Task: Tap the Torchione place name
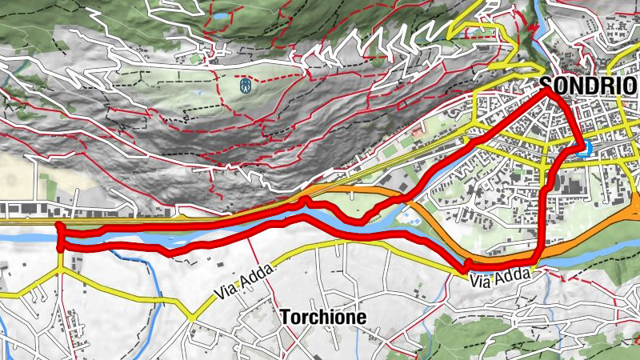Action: pyautogui.click(x=323, y=318)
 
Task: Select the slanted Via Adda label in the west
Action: pyautogui.click(x=245, y=282)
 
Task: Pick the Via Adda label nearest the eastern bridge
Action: pyautogui.click(x=490, y=281)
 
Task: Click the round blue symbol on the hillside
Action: pyautogui.click(x=246, y=84)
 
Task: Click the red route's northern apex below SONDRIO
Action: pyautogui.click(x=549, y=91)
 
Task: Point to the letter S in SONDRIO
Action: pyautogui.click(x=546, y=84)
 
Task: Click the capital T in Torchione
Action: pyautogui.click(x=285, y=318)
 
